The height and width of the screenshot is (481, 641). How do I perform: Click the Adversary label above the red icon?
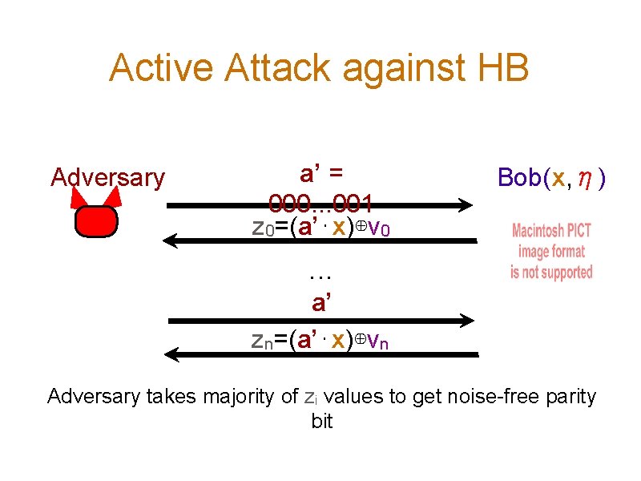click(x=107, y=177)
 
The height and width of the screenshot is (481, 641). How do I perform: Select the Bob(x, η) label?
click(x=551, y=177)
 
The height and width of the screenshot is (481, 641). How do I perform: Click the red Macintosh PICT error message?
click(x=551, y=251)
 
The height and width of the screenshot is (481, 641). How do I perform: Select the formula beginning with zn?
click(x=321, y=341)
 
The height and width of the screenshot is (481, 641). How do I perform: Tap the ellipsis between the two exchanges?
click(x=321, y=275)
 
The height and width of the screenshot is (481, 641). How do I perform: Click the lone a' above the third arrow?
click(x=321, y=303)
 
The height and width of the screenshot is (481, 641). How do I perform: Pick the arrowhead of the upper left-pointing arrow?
click(x=169, y=239)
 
